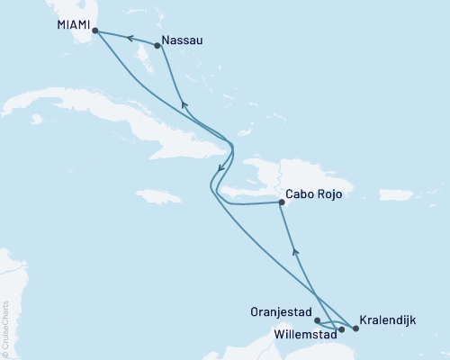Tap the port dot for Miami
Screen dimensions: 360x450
click(94, 31)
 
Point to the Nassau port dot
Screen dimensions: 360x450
click(158, 45)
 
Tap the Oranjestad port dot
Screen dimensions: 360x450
click(317, 319)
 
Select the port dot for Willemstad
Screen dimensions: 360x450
click(341, 328)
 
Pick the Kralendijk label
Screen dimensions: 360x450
click(387, 319)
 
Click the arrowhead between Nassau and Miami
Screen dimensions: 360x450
click(129, 38)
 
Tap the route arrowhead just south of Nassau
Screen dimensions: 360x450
click(184, 105)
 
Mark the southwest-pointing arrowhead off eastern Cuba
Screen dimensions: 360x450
click(220, 167)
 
